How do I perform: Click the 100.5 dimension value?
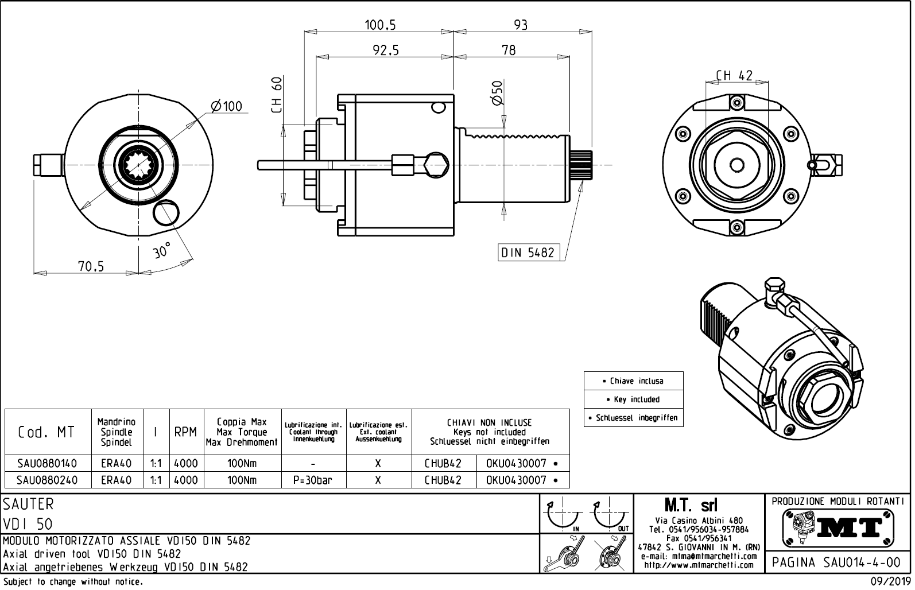(x=380, y=25)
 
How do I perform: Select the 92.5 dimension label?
(x=385, y=51)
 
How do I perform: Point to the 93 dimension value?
(x=520, y=25)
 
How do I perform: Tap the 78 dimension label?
(x=509, y=51)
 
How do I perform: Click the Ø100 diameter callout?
(x=226, y=107)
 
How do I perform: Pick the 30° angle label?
(x=162, y=251)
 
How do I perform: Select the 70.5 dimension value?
(x=91, y=266)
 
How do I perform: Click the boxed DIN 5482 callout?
(x=528, y=253)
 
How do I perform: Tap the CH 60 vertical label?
(x=277, y=95)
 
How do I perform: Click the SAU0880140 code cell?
(x=46, y=463)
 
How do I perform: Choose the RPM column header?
(x=185, y=432)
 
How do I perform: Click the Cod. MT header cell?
(x=46, y=432)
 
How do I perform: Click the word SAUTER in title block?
(x=28, y=504)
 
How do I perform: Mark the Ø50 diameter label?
(x=497, y=93)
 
